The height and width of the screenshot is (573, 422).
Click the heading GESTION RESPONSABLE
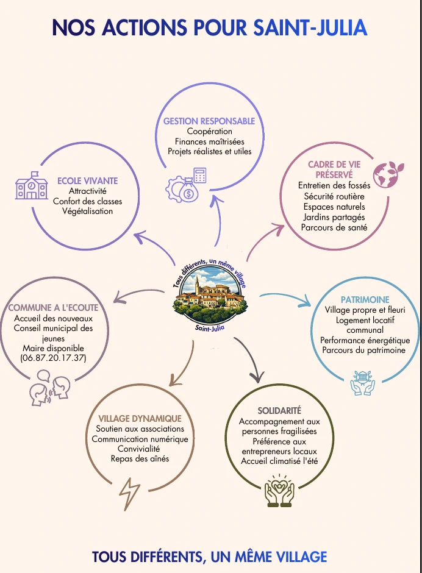pos(209,121)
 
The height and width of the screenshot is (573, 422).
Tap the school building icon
pos(32,187)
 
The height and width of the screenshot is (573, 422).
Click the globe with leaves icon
pos(385,174)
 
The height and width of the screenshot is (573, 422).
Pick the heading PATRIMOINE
pos(365,300)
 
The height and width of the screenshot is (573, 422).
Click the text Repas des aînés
pos(140,458)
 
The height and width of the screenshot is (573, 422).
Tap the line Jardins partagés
pos(334,217)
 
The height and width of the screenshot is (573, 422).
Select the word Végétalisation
pos(87,211)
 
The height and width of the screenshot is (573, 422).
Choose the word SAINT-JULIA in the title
pos(310,27)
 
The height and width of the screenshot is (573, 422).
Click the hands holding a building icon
pos(362,383)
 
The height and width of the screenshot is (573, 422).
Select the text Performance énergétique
pos(365,340)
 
